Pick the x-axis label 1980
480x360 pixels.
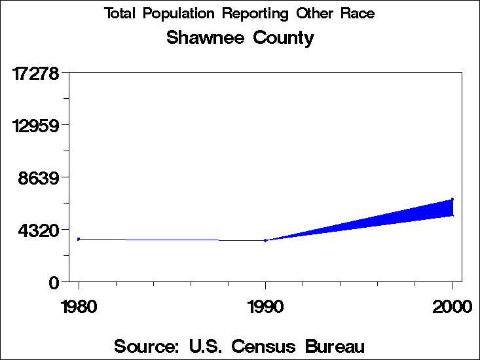(x=79, y=306)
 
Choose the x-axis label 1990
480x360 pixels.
(x=265, y=306)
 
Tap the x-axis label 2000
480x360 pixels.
(x=452, y=306)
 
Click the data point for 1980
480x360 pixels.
(x=79, y=239)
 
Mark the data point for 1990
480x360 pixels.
(x=265, y=240)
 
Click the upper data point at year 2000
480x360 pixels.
(x=452, y=199)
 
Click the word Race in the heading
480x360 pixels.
(x=358, y=14)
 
